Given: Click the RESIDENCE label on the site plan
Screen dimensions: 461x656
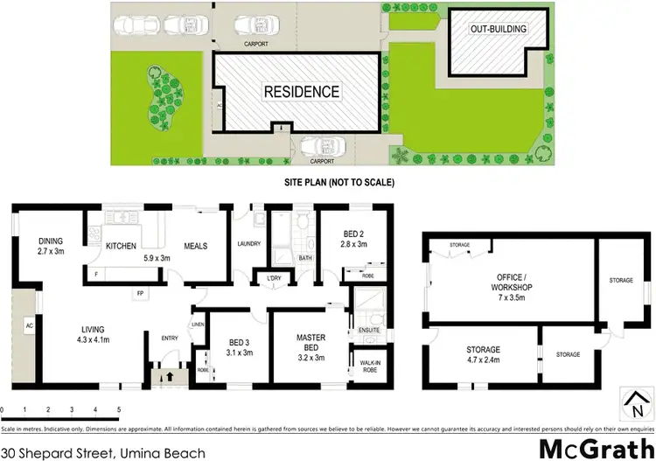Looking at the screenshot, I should [x=303, y=91].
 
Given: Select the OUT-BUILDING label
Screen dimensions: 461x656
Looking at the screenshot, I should [x=499, y=29].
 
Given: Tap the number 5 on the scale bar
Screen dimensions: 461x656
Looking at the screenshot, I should [x=118, y=409].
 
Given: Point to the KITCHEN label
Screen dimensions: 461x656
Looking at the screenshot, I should [x=121, y=247].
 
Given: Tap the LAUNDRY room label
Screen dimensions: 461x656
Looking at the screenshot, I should [x=249, y=244].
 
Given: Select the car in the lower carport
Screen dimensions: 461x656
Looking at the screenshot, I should [x=312, y=147].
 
